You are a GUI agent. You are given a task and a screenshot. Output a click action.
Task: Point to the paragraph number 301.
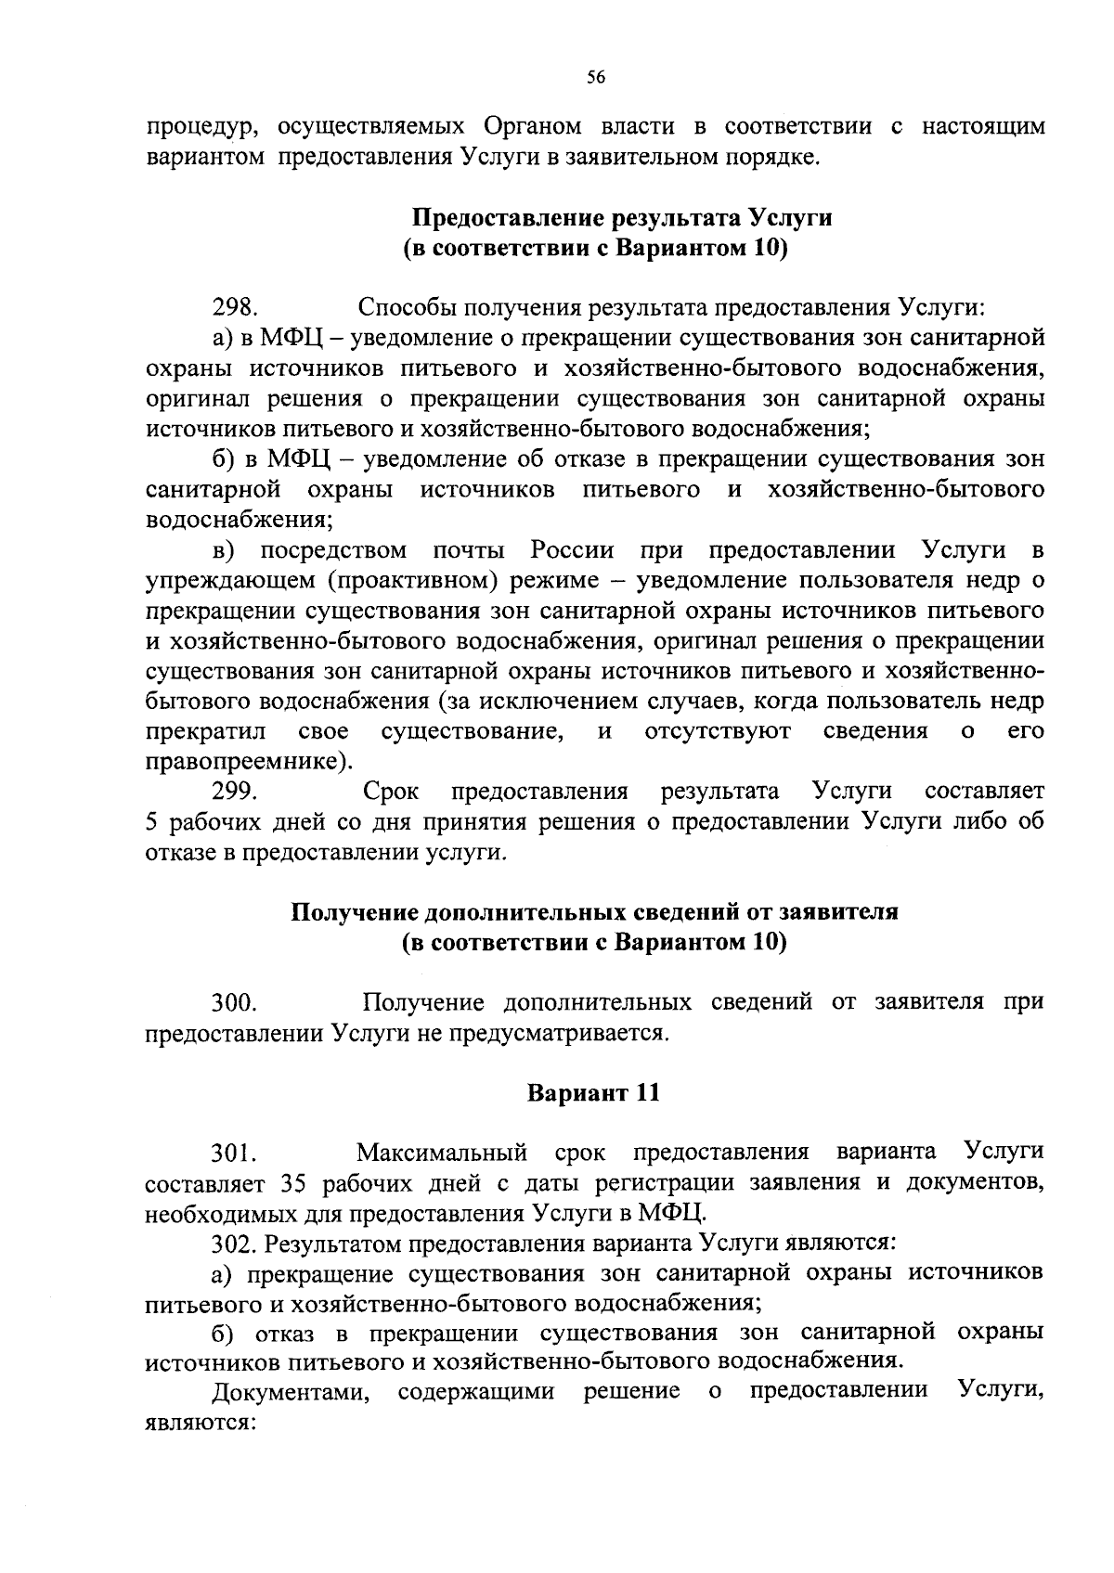234,1154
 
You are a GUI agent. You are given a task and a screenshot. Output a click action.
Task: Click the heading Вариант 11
594,1092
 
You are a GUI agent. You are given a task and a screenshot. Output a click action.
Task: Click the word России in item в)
573,550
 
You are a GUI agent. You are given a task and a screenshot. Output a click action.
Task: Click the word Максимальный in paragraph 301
442,1154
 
